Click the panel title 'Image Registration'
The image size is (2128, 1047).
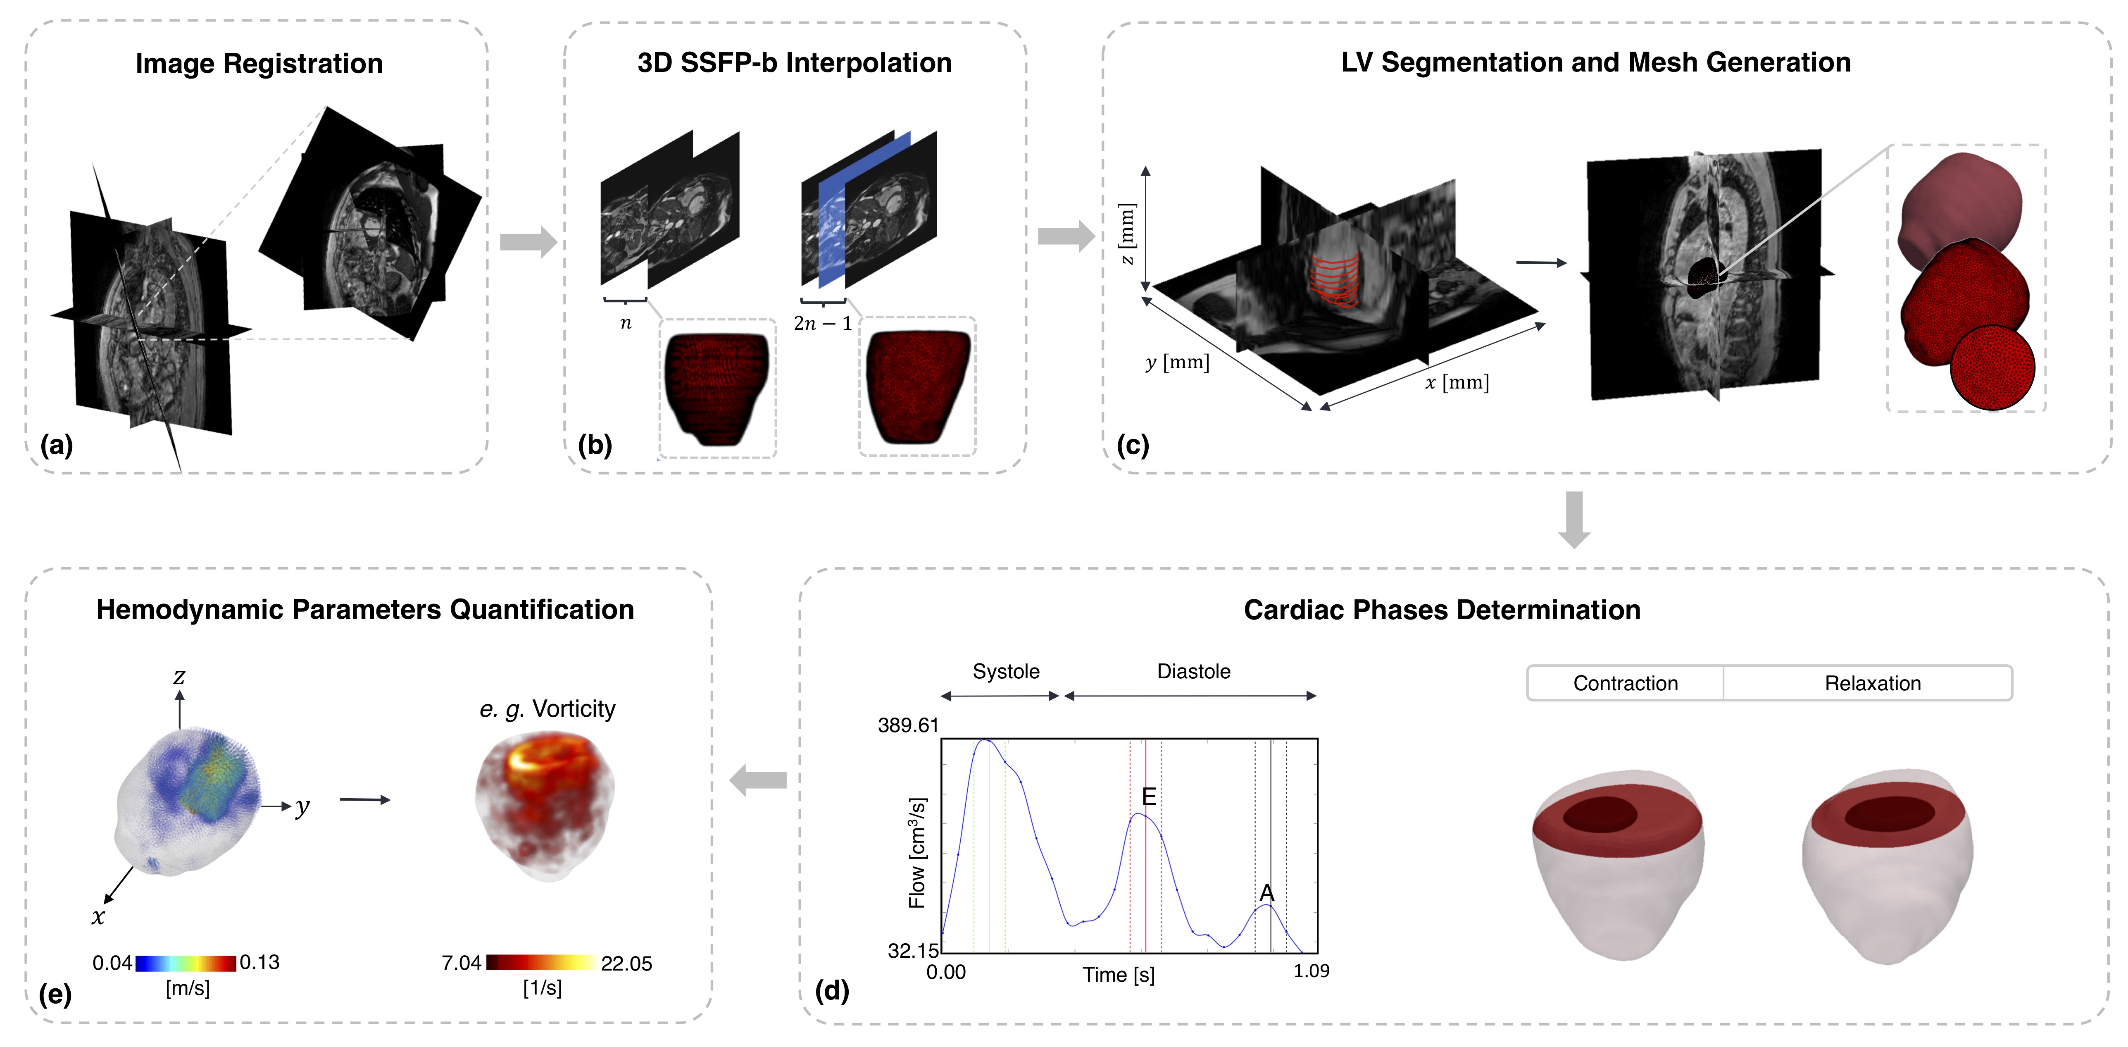(259, 64)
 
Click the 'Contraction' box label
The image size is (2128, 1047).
(1625, 683)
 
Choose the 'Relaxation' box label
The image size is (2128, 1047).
(1872, 683)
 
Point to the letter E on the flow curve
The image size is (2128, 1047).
(1148, 796)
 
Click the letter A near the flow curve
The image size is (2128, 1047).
(1266, 892)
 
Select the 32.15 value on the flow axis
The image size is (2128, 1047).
(913, 950)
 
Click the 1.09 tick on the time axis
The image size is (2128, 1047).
(1311, 971)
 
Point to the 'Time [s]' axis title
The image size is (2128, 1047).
(1119, 975)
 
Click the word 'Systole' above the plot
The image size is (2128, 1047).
(1005, 671)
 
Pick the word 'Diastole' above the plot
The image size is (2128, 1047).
(1193, 671)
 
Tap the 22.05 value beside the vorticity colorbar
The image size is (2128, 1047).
(626, 964)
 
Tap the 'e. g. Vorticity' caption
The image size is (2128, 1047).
(547, 709)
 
